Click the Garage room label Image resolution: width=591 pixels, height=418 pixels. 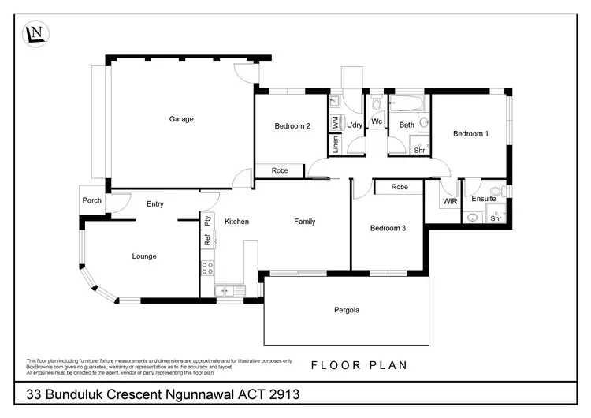click(181, 119)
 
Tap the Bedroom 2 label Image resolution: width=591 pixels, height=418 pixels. click(292, 126)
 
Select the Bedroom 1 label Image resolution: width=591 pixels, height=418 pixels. click(470, 134)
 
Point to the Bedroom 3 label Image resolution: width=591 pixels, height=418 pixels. click(388, 228)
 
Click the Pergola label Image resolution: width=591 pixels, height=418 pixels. click(346, 310)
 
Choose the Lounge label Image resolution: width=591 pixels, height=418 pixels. click(144, 256)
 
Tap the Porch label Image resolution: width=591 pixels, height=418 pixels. click(92, 200)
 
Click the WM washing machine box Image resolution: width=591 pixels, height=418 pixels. click(335, 122)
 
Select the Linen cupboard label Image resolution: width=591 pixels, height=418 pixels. click(335, 145)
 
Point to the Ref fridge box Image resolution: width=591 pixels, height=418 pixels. click(207, 241)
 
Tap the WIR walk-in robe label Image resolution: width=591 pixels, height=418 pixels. click(450, 202)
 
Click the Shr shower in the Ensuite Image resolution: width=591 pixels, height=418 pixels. click(496, 218)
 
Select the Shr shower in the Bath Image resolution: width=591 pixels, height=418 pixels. click(418, 149)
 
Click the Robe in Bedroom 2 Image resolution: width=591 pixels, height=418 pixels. click(280, 170)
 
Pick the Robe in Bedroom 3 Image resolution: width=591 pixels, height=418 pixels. click(400, 187)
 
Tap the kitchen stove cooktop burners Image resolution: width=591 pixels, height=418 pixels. click(208, 268)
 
